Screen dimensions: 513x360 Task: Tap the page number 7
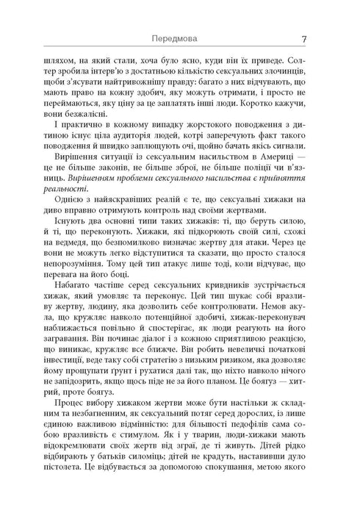(303, 38)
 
